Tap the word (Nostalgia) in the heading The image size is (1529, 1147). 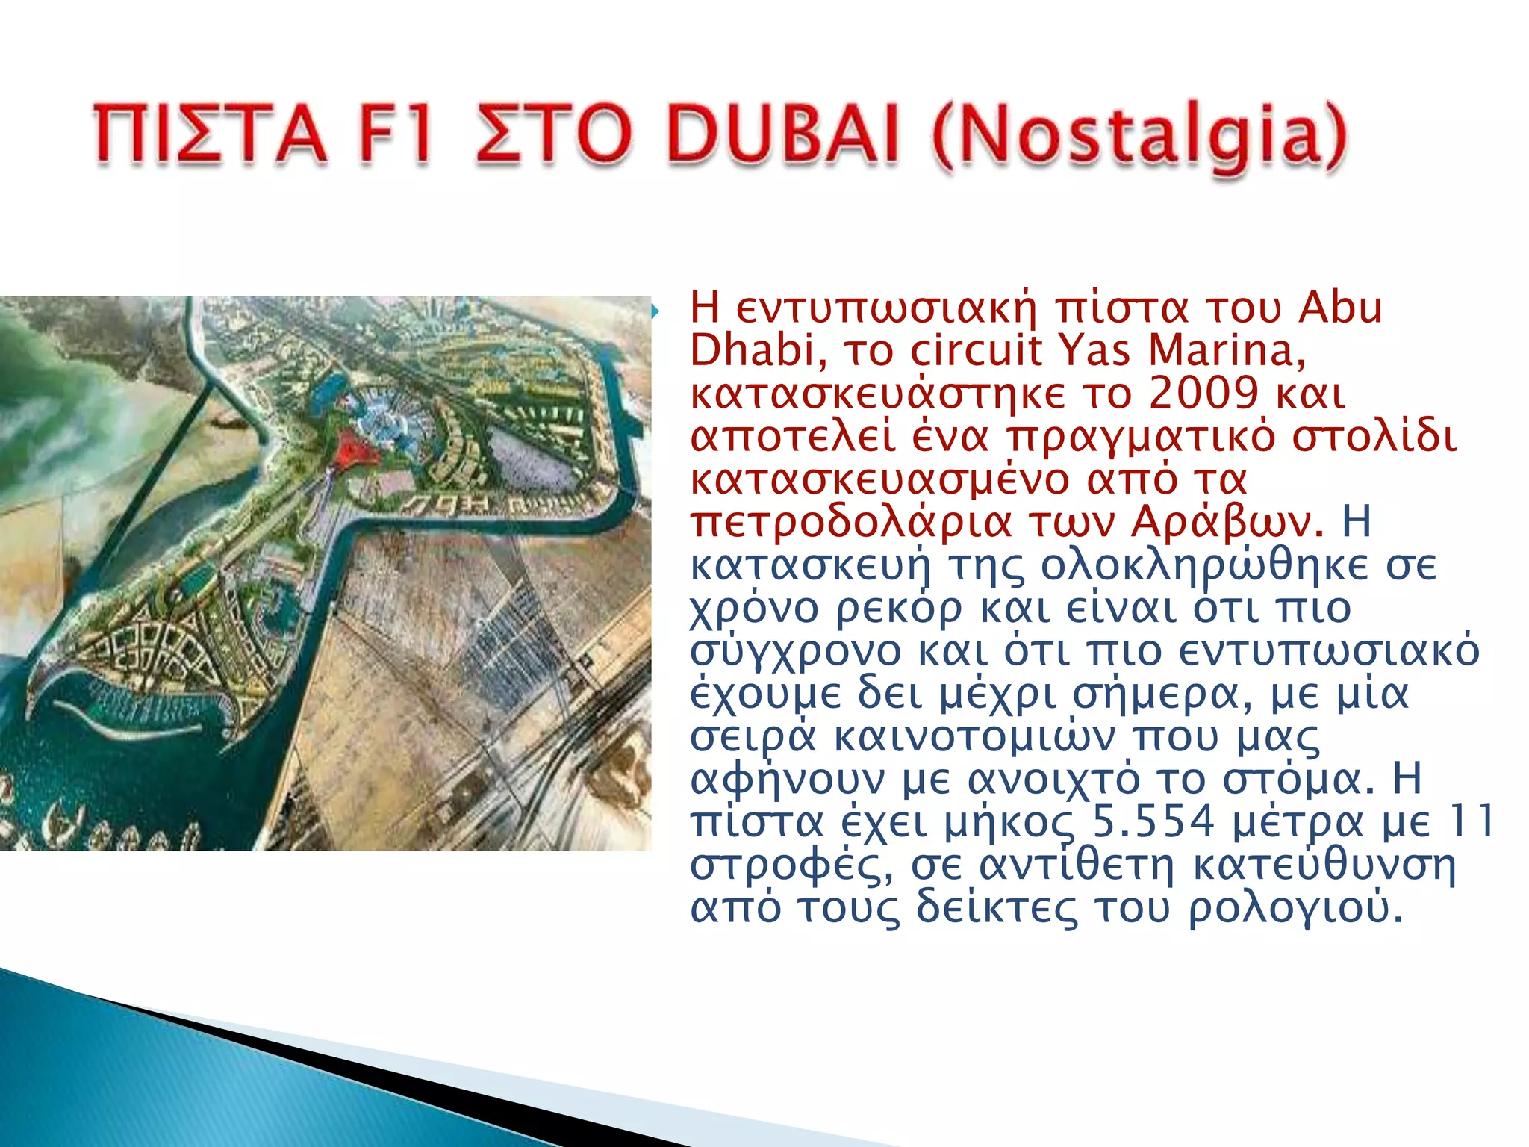coord(1140,139)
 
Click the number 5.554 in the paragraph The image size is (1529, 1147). coord(1154,821)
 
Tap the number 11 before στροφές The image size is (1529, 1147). coord(1469,821)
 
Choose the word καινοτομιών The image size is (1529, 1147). coord(974,736)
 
